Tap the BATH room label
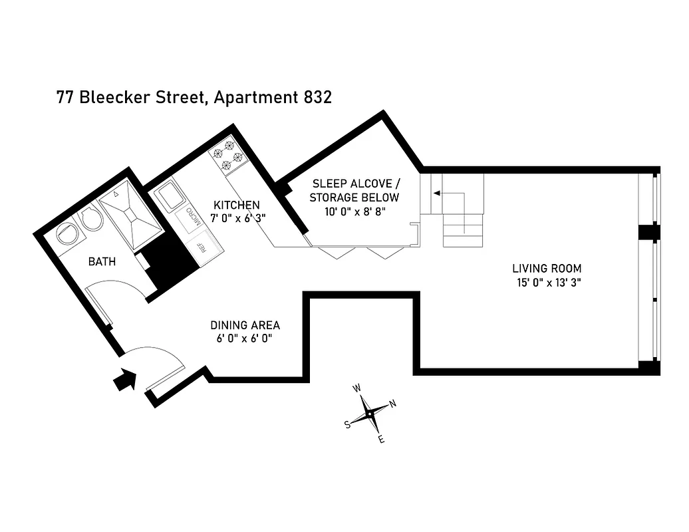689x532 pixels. click(x=102, y=261)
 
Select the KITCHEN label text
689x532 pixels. click(x=236, y=205)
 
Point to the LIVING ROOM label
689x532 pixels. click(x=547, y=269)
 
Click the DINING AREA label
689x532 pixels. click(x=245, y=325)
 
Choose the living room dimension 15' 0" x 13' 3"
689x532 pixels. click(x=547, y=282)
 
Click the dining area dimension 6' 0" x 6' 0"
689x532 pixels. click(x=245, y=338)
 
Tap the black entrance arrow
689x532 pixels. click(x=124, y=380)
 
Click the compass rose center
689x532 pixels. click(x=368, y=414)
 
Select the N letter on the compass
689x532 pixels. click(x=393, y=404)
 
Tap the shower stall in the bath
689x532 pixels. click(x=131, y=215)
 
